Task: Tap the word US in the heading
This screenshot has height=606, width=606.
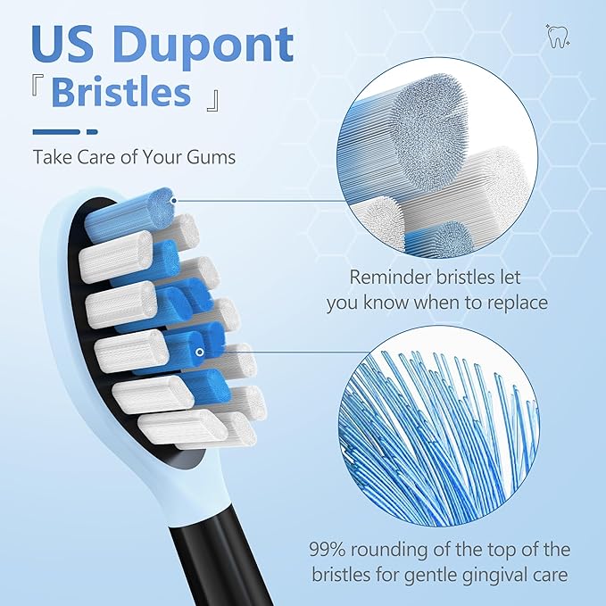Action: point(65,45)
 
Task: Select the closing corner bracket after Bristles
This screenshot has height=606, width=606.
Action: point(212,95)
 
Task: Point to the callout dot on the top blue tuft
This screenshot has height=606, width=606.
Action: point(172,202)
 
